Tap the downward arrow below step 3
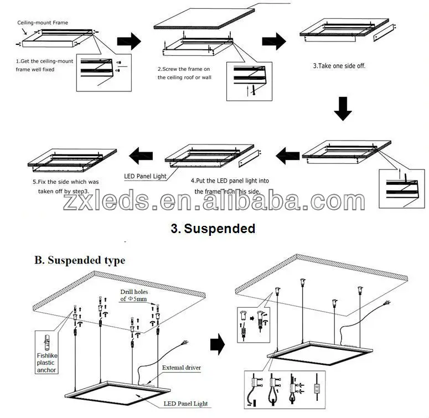[x=343, y=109]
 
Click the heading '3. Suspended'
[x=213, y=228]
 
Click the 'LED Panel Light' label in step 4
[x=144, y=177]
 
